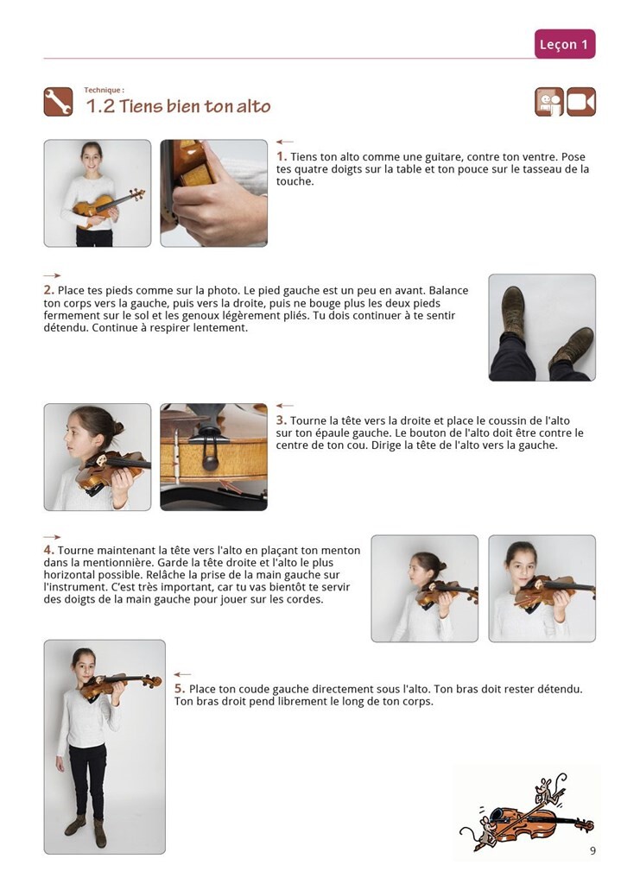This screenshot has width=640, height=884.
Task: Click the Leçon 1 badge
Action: (565, 44)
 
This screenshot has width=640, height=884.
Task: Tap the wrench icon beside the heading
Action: (58, 102)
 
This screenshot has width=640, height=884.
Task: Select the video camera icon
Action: (580, 102)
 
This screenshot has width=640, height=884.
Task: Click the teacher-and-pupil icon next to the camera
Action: (549, 102)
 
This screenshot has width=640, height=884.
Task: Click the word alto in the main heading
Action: (253, 106)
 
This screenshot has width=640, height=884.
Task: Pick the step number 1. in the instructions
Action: (282, 156)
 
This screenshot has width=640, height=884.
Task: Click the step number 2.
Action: (49, 290)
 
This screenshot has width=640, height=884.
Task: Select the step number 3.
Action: (282, 420)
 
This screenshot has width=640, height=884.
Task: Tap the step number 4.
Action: (49, 550)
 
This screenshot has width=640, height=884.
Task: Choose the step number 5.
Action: (180, 688)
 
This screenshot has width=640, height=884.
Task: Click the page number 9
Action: (592, 850)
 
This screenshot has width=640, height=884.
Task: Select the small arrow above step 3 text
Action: (285, 406)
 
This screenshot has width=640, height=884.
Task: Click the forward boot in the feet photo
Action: (512, 311)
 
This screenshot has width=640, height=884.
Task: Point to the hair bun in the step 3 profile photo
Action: (117, 427)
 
